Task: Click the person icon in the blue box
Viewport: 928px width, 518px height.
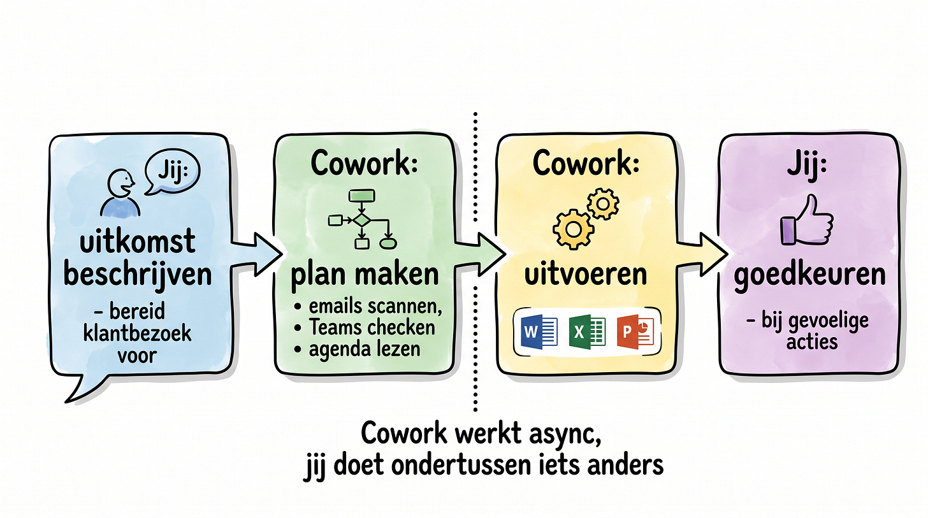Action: point(119,192)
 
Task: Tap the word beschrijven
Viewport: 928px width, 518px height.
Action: point(138,275)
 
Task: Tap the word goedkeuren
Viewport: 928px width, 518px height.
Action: point(809,275)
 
